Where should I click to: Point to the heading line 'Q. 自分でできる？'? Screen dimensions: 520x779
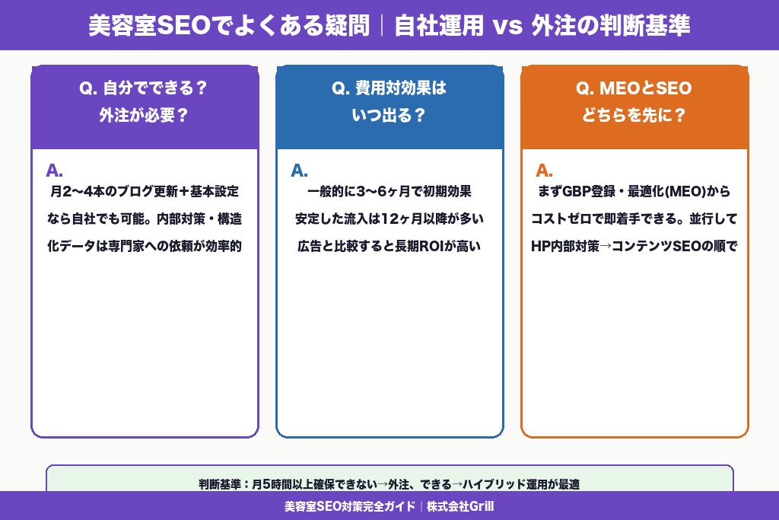pos(144,88)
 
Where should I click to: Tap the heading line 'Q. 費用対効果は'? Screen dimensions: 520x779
pos(389,88)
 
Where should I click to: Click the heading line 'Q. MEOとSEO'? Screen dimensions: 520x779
pos(634,88)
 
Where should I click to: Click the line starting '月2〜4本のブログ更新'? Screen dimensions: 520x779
pos(144,192)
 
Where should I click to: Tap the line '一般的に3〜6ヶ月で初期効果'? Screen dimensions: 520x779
pos(389,192)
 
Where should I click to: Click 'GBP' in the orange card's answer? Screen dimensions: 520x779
pos(576,192)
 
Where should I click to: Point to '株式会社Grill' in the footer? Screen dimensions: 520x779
pos(460,506)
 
